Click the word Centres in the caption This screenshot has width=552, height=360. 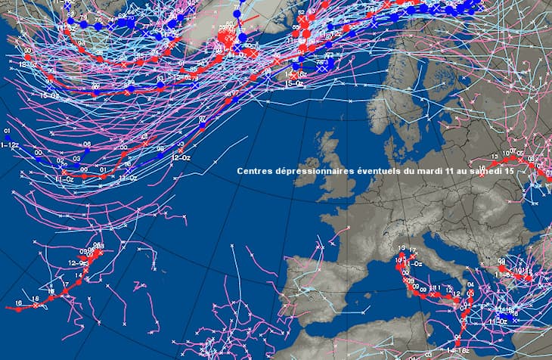[x=256, y=172]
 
